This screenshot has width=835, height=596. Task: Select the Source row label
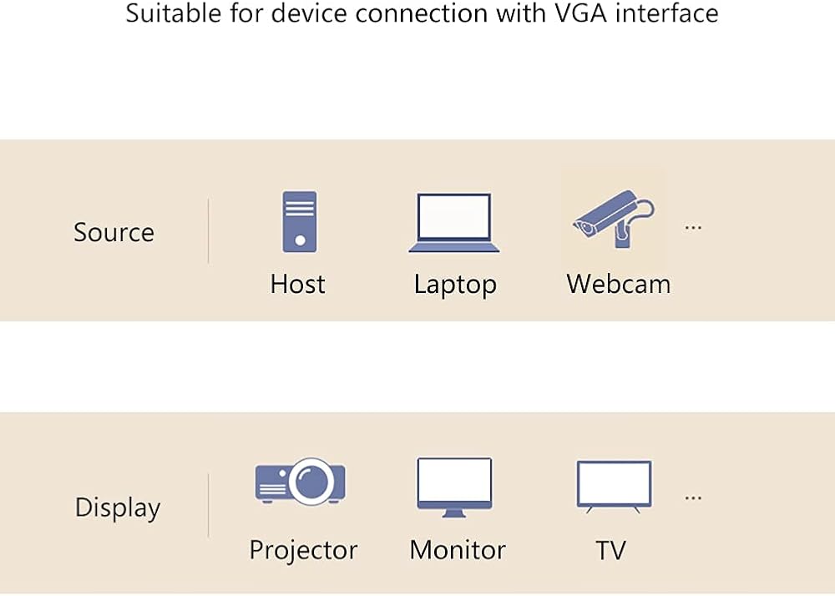pyautogui.click(x=114, y=232)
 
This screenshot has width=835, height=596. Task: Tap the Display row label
pyautogui.click(x=118, y=508)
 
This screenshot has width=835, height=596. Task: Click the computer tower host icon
pyautogui.click(x=299, y=221)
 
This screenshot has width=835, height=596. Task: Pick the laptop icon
pyautogui.click(x=453, y=222)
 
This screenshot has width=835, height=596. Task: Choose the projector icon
pyautogui.click(x=301, y=481)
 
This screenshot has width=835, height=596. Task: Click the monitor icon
pyautogui.click(x=454, y=487)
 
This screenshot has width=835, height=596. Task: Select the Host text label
pyautogui.click(x=298, y=284)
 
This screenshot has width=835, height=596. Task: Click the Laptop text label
pyautogui.click(x=455, y=285)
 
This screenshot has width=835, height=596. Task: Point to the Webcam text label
pyautogui.click(x=619, y=284)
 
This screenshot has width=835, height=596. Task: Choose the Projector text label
pyautogui.click(x=304, y=550)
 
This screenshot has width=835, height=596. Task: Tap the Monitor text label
pyautogui.click(x=458, y=550)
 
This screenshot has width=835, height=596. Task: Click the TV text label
pyautogui.click(x=611, y=550)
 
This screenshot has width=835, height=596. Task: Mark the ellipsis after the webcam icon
pyautogui.click(x=693, y=228)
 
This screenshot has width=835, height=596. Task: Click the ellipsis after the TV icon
pyautogui.click(x=693, y=498)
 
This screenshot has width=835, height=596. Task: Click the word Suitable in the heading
pyautogui.click(x=173, y=13)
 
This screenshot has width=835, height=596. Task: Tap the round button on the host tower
pyautogui.click(x=300, y=240)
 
